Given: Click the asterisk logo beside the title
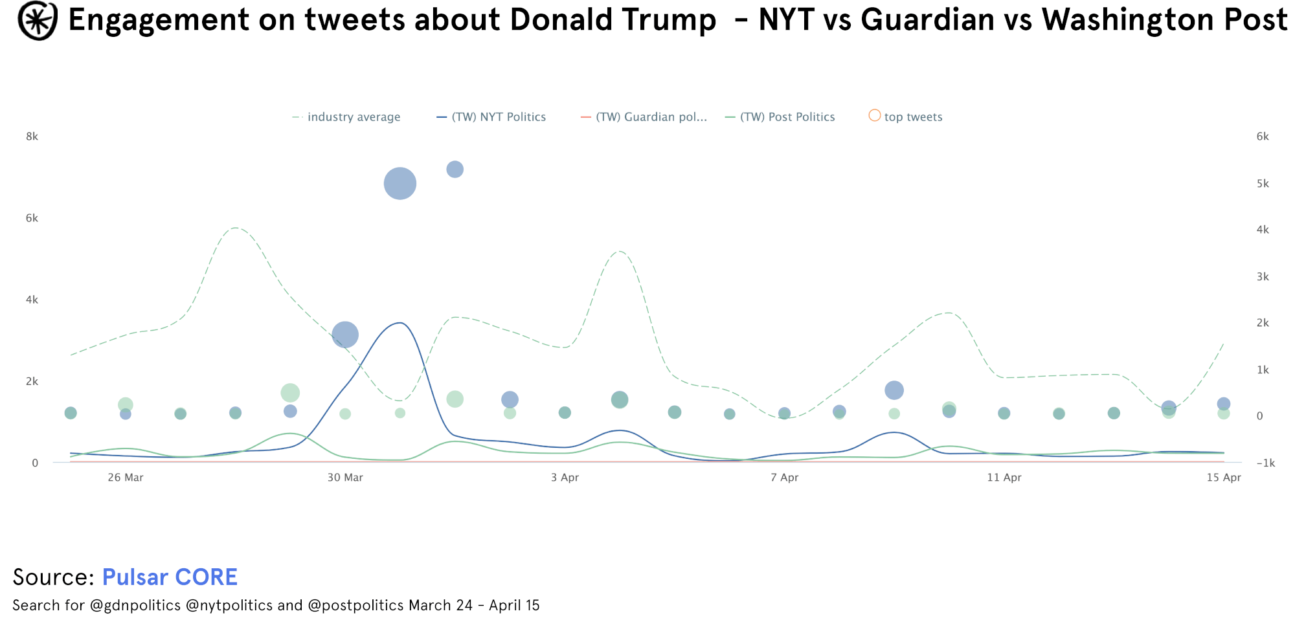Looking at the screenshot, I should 38,21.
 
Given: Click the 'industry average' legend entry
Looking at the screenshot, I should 354,117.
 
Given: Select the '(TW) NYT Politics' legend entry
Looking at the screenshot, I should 499,117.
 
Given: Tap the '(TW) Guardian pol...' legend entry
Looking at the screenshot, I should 651,117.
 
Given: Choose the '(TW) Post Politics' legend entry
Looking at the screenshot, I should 787,117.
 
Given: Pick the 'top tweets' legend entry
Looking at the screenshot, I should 912,117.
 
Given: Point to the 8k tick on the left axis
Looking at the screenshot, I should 32,137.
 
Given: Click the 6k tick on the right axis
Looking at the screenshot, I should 1263,137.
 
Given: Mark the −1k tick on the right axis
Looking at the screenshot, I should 1265,463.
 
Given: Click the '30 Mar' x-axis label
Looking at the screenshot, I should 345,478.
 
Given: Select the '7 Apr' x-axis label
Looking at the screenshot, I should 784,478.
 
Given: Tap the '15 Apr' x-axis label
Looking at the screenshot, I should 1223,478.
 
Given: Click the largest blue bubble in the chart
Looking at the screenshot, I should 400,184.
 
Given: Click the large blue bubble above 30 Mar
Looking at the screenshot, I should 345,335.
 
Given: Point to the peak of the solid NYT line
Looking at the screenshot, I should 400,323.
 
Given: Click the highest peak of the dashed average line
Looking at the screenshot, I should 236,228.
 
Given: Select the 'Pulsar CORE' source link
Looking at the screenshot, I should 170,577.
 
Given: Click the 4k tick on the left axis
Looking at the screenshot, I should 32,300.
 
